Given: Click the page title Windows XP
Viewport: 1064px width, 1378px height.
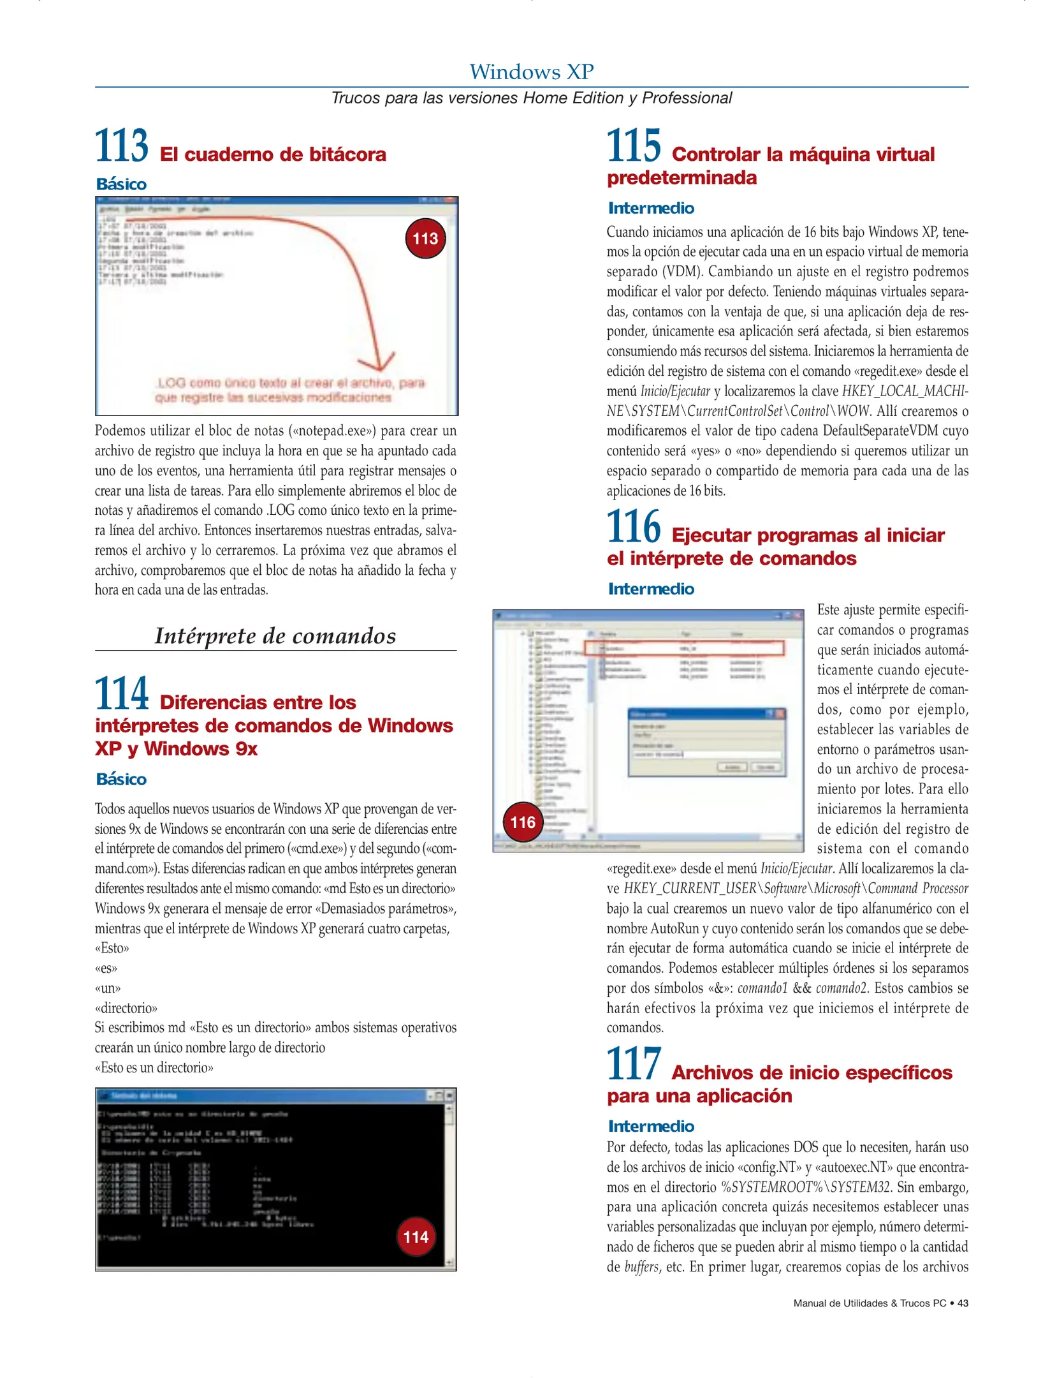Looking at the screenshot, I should [531, 71].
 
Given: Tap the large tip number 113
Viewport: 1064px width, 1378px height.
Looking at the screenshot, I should [121, 146].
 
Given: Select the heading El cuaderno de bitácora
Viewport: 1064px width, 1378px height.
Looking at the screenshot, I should [272, 154].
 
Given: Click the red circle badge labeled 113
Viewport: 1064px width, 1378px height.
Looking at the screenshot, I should [425, 239].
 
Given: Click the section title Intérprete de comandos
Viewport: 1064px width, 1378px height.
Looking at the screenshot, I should [275, 636].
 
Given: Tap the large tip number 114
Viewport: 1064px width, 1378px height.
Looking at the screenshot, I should [121, 694].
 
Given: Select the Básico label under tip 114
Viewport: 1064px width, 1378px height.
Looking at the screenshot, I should [121, 779].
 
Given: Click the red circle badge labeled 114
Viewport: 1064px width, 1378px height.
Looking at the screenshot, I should [416, 1237].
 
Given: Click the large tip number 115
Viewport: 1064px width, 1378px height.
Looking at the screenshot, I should [633, 146].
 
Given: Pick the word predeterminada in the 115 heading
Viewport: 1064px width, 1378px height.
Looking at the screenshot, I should [681, 178].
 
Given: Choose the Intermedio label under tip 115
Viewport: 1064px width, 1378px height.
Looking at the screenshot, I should [651, 208].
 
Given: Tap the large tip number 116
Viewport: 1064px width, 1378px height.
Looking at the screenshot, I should [633, 527].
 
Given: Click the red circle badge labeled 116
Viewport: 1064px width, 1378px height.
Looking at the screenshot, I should [523, 822].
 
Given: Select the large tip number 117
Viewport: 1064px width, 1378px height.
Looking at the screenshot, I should [633, 1064].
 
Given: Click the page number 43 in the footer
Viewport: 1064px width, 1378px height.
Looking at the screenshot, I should [963, 1303].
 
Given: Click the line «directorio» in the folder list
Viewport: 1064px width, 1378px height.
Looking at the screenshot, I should [126, 1008].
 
